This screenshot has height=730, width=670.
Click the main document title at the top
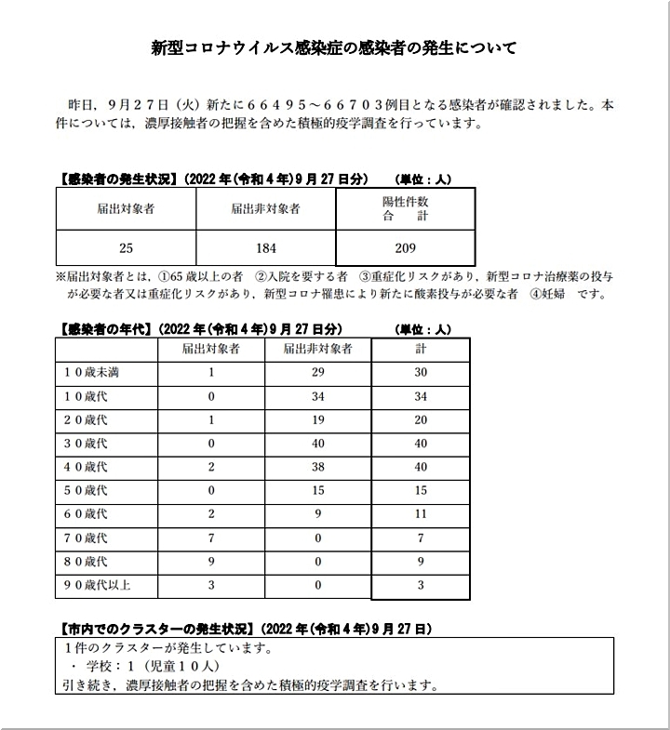click(334, 47)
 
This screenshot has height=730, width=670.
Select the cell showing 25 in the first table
click(126, 248)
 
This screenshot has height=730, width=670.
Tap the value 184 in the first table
click(265, 248)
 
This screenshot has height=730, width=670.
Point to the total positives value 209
click(405, 248)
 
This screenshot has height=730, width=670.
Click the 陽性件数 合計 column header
click(405, 208)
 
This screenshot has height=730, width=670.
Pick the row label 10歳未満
click(91, 372)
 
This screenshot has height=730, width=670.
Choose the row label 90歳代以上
click(97, 586)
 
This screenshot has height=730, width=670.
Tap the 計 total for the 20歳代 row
click(420, 419)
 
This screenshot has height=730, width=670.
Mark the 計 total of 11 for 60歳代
click(420, 515)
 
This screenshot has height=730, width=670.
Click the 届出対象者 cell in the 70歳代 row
click(211, 538)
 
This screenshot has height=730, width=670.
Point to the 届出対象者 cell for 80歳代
click(211, 562)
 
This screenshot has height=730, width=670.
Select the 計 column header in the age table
click(420, 349)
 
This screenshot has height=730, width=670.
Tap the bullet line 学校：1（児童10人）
click(140, 669)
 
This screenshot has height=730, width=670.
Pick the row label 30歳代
click(86, 444)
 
